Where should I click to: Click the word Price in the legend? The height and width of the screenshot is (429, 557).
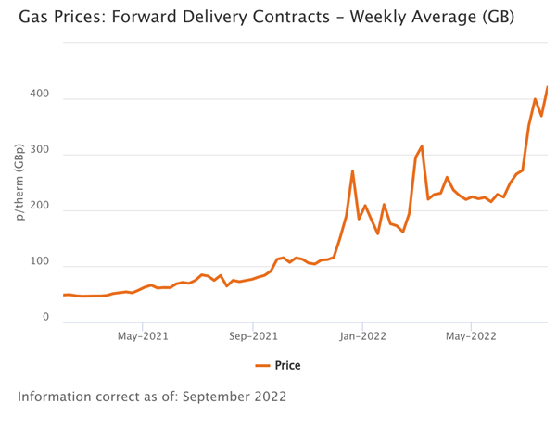(x=287, y=366)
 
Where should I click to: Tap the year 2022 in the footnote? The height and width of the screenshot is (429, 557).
(x=271, y=396)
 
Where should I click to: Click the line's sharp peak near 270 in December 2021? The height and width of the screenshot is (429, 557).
(x=353, y=170)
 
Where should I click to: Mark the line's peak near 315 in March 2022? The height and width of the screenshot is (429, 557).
(x=422, y=146)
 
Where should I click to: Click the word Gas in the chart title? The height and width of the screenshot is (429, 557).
(x=34, y=18)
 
